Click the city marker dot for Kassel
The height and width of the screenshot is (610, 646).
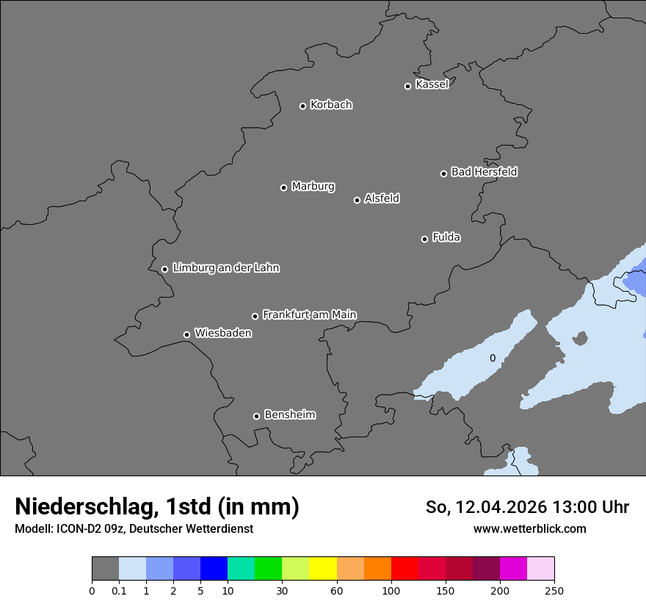(x=407, y=86)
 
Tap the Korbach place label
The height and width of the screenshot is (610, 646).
(x=331, y=105)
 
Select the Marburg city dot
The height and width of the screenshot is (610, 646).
(x=283, y=187)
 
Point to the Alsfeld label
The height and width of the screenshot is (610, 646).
(x=382, y=198)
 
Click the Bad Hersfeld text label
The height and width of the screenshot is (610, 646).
(x=484, y=172)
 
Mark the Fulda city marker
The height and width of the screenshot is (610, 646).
(x=424, y=239)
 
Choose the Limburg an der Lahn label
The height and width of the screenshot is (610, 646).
(x=225, y=268)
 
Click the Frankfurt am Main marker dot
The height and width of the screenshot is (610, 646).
(x=255, y=316)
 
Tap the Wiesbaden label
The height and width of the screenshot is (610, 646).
(x=222, y=334)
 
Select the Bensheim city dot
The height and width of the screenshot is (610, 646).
(x=256, y=416)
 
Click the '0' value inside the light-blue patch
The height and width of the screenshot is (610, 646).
(x=493, y=359)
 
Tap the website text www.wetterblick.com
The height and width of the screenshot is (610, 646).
(x=529, y=528)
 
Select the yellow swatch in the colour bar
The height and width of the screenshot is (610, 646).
(x=323, y=569)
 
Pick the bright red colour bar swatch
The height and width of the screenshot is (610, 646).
(x=404, y=569)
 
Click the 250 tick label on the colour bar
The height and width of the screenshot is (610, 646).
(x=554, y=590)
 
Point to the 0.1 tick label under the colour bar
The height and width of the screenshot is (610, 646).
(x=119, y=590)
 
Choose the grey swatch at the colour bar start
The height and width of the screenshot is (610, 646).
(x=105, y=569)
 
